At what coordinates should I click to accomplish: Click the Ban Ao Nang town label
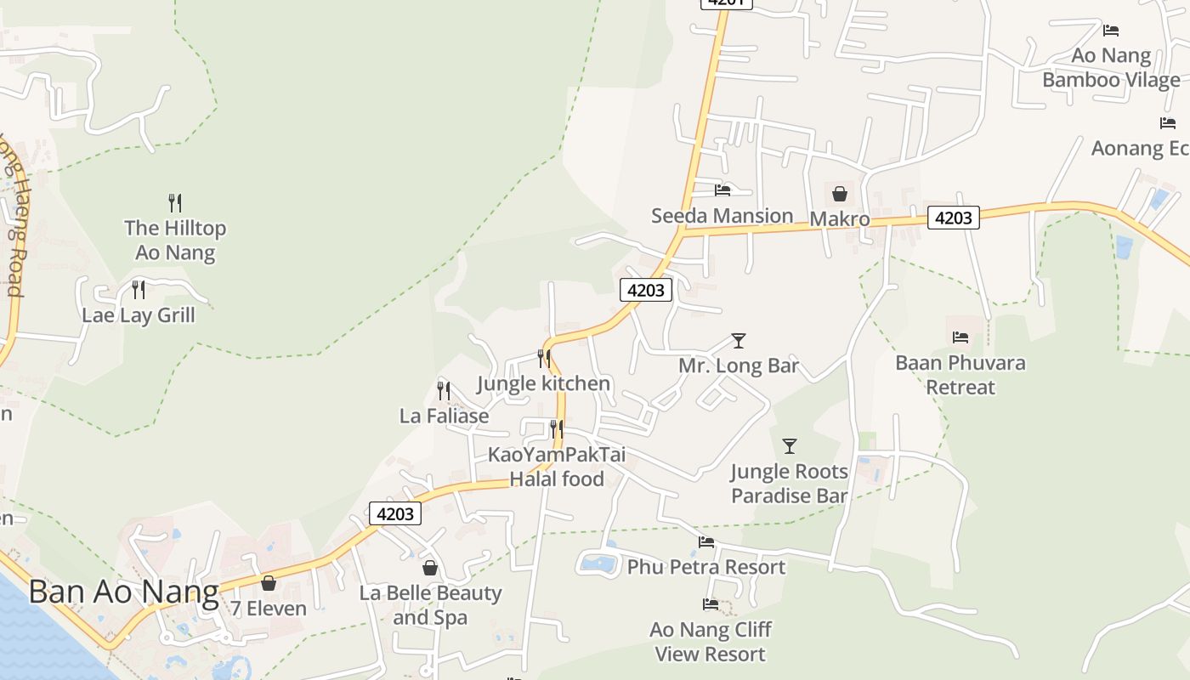tap(124, 592)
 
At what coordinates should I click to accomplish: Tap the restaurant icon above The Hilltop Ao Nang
tap(175, 202)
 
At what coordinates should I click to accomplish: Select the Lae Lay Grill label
tap(139, 315)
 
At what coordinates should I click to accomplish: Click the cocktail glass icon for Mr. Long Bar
tap(739, 341)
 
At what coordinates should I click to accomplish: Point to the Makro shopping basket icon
tap(840, 194)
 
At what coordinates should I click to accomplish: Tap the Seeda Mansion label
tap(722, 216)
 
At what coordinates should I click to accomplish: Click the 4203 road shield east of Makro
tap(953, 218)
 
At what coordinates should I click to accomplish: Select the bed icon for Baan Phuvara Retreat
tap(960, 337)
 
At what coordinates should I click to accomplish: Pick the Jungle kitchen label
tap(543, 383)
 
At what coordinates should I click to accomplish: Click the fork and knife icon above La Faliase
tap(444, 391)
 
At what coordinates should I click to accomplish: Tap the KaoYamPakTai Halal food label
tap(557, 467)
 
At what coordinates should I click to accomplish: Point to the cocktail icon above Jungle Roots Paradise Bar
tap(790, 446)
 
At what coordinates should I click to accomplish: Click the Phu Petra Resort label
tap(706, 567)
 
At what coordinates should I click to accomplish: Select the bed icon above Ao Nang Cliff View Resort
tap(711, 604)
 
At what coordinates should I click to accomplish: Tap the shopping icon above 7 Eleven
tap(269, 583)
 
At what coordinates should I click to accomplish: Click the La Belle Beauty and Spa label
tap(430, 605)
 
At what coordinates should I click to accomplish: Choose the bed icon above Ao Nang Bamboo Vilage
tap(1111, 31)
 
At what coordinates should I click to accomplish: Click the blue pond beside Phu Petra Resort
tap(599, 563)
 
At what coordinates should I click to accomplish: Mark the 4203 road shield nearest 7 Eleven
tap(395, 513)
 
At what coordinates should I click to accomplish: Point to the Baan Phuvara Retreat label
tap(960, 375)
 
